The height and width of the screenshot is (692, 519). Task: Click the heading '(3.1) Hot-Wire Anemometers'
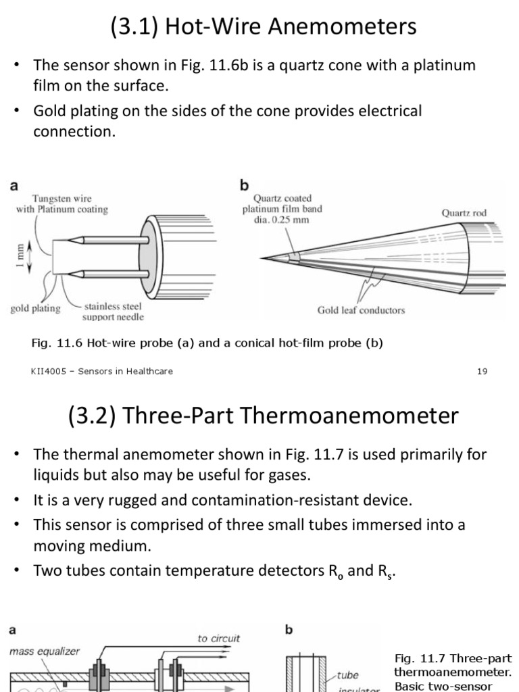tap(264, 27)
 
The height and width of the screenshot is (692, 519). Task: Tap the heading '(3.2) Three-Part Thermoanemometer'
tap(264, 415)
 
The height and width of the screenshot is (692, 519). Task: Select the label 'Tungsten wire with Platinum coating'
tap(62, 204)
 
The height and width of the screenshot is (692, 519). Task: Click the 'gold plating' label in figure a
tap(35, 308)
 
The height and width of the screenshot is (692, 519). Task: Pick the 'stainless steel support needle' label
tap(113, 312)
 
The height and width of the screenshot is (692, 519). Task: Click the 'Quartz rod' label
tap(464, 213)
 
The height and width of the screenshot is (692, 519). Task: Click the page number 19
tap(482, 371)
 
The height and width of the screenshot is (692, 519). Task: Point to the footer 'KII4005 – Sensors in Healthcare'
tap(101, 371)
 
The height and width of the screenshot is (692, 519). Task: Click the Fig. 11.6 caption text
tap(207, 343)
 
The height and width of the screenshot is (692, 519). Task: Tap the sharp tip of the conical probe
tap(263, 259)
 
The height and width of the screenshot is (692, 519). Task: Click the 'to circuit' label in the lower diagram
tap(218, 638)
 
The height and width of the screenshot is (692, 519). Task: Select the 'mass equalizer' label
tap(45, 651)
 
